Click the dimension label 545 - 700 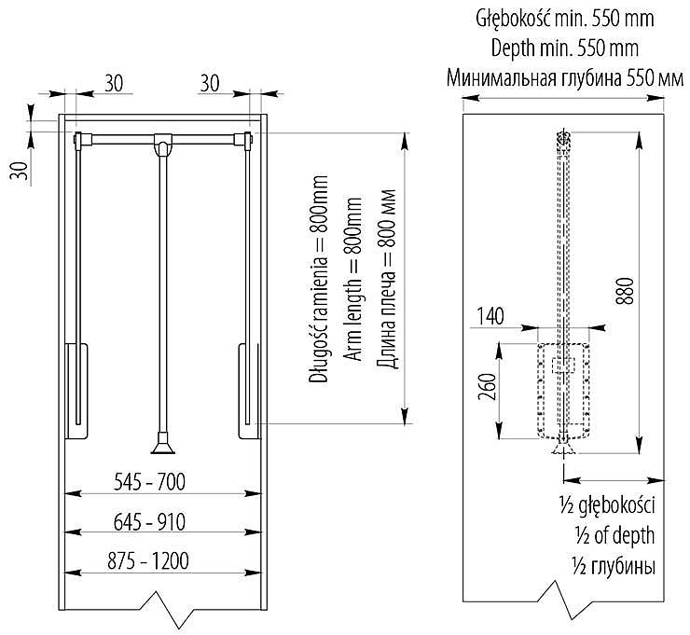(x=149, y=482)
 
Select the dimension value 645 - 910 (x=149, y=522)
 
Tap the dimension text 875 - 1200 (x=148, y=561)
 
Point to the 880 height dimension (x=627, y=291)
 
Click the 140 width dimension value (x=490, y=316)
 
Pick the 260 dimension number (x=488, y=387)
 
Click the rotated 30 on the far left (x=19, y=171)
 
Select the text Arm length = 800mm (x=353, y=279)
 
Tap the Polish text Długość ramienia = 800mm (x=319, y=279)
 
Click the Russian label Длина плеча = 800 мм (x=387, y=279)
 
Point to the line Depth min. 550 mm (x=564, y=48)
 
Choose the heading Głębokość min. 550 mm (x=564, y=19)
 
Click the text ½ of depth (x=614, y=535)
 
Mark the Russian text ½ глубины (x=614, y=566)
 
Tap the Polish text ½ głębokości (x=607, y=505)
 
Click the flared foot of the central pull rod (x=163, y=443)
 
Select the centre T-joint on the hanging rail (x=163, y=144)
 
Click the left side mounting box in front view (x=77, y=391)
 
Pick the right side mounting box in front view (x=250, y=391)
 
